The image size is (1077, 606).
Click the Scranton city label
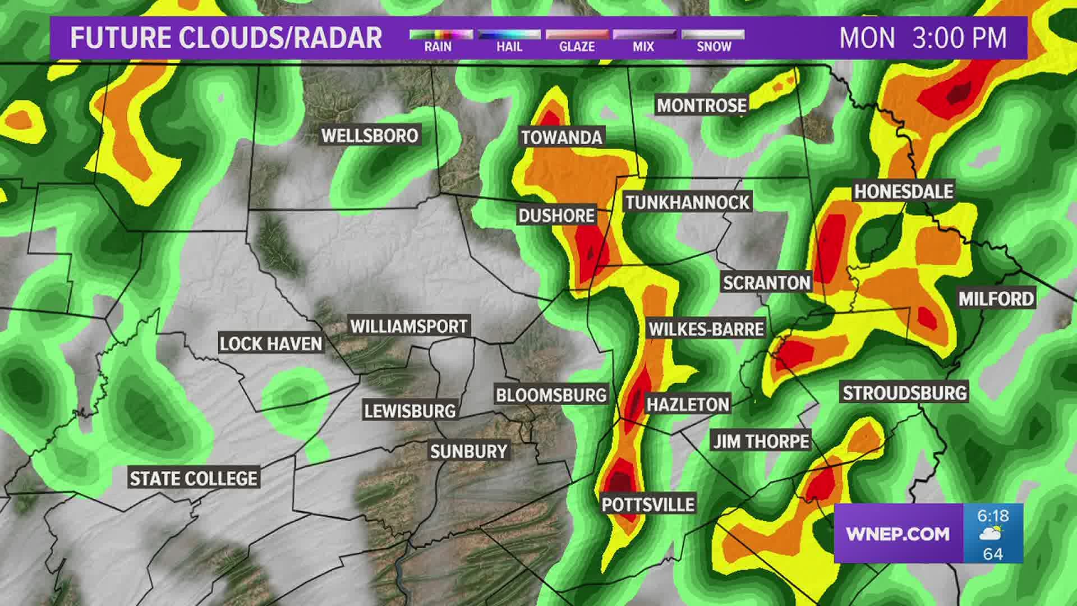[766, 282]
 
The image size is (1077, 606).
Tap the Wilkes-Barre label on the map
[706, 329]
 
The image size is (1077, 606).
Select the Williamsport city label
[408, 326]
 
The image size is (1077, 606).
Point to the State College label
[194, 479]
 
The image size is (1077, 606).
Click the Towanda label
[561, 137]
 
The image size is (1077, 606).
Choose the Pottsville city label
[648, 504]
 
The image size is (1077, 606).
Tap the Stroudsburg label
[905, 393]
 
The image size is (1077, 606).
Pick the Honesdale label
[903, 191]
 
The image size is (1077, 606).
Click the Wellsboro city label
[370, 136]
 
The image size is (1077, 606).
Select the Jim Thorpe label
[761, 441]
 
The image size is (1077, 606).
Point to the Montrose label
[701, 105]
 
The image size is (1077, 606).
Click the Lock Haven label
[271, 344]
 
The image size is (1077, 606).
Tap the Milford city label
[996, 299]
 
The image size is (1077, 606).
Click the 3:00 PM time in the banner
[959, 38]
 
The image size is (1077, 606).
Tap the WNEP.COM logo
[897, 534]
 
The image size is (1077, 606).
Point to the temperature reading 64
[993, 554]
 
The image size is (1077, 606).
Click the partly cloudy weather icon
[992, 534]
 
